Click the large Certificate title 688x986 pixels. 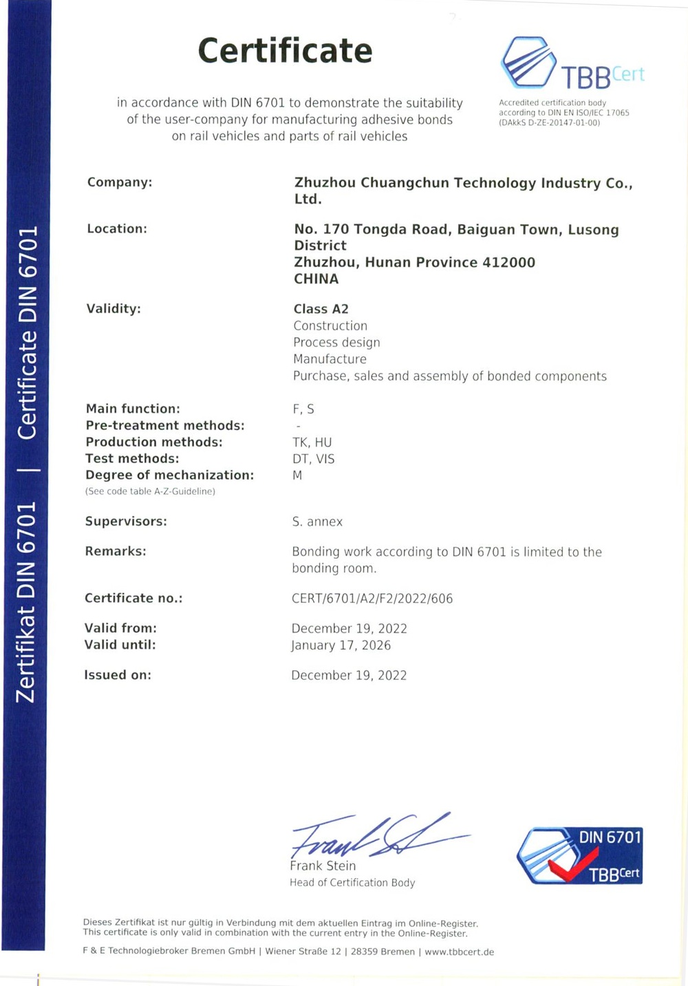[285, 51]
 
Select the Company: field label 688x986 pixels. [120, 182]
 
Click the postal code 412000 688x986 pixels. [508, 262]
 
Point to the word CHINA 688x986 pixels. [316, 279]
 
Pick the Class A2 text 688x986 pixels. [321, 309]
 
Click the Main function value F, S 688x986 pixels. [303, 409]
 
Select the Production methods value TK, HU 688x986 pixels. [312, 442]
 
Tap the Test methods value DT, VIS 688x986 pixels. [314, 458]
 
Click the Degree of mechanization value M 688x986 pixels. [297, 475]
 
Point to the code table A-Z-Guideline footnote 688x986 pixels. [150, 491]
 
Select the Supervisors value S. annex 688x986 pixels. [317, 522]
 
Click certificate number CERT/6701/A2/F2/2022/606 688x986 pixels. [372, 598]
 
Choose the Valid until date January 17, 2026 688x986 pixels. [341, 645]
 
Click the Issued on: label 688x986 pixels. [118, 675]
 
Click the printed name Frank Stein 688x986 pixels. [323, 866]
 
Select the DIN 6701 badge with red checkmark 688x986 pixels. [579, 855]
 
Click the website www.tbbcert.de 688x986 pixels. [460, 952]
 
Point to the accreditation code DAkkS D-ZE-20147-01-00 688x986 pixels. [550, 122]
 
